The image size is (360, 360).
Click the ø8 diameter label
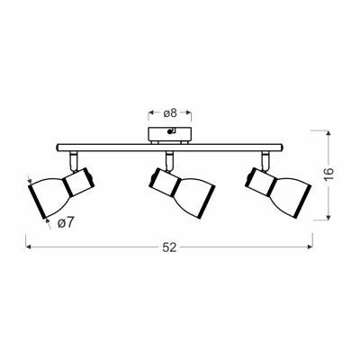(170, 113)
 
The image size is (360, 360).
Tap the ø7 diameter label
(66, 222)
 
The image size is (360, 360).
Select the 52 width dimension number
(169, 247)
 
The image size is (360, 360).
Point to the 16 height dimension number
(328, 174)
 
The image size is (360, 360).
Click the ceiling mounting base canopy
(169, 134)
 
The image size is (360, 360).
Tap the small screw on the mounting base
(170, 131)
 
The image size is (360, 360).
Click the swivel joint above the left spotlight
(74, 161)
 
